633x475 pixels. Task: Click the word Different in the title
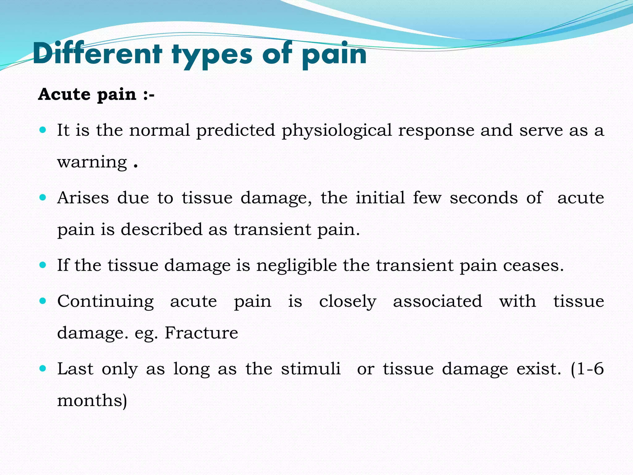[97, 54]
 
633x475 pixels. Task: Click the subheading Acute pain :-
[96, 94]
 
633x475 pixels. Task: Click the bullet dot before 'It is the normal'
[43, 130]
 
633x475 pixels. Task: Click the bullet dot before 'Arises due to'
[43, 197]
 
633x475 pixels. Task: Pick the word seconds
[483, 198]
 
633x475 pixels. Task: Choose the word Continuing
[105, 302]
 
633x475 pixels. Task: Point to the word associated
[437, 302]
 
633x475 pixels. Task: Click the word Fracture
[201, 333]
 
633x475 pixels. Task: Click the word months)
[92, 401]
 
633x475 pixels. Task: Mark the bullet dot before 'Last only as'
[43, 369]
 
